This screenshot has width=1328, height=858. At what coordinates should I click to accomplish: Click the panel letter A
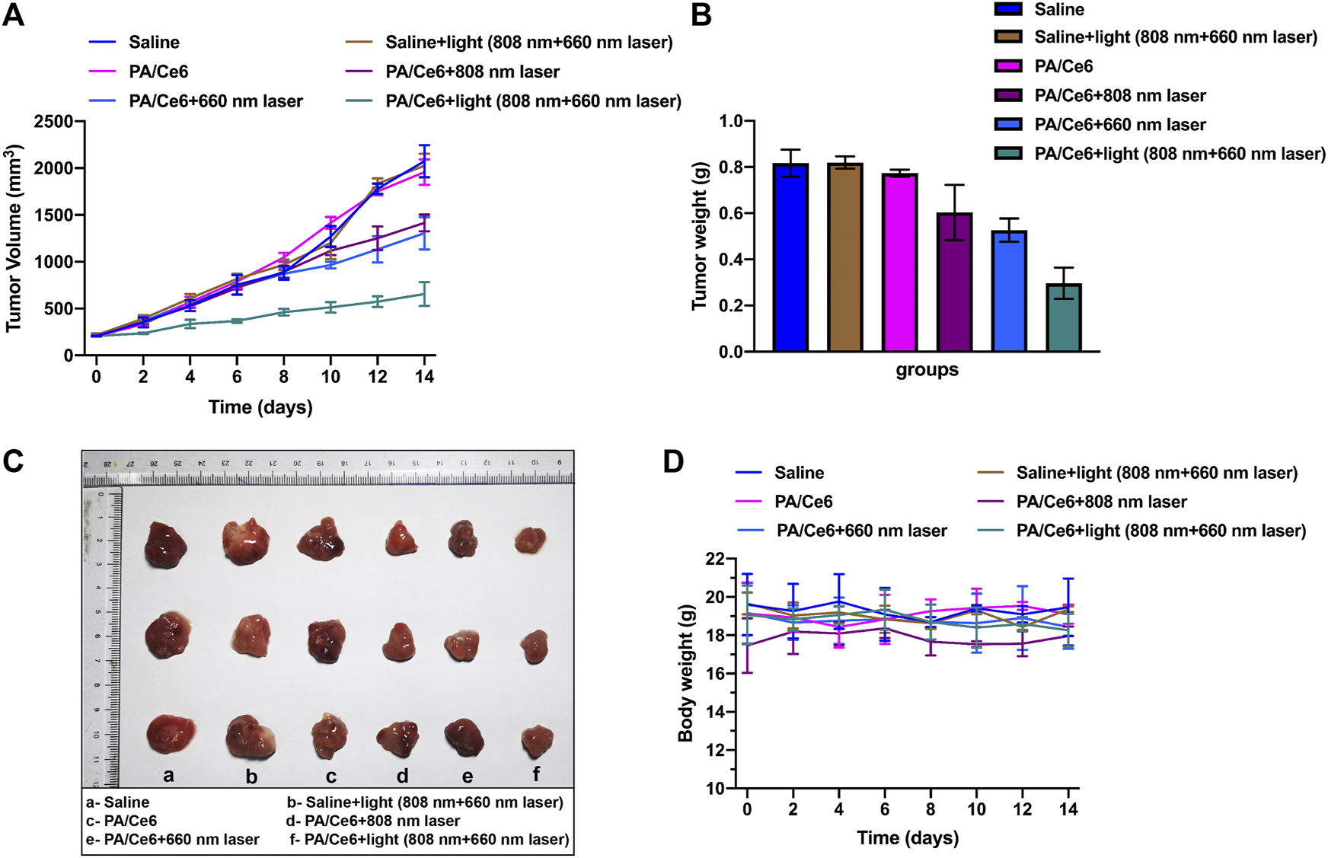[x=14, y=15]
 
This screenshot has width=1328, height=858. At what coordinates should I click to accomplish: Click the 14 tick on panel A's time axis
[x=424, y=377]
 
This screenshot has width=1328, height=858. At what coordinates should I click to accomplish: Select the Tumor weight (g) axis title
[x=700, y=236]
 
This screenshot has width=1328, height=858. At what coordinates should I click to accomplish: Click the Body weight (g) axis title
[x=685, y=673]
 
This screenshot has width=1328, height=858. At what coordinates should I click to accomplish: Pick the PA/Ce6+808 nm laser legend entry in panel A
[x=472, y=72]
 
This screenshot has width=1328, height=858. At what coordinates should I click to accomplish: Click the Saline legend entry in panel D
[x=799, y=473]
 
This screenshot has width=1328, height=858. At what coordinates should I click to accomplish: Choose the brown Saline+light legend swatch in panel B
[x=1008, y=37]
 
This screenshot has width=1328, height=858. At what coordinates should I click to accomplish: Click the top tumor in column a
[x=166, y=544]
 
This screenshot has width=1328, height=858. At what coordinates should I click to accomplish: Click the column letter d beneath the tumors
[x=402, y=775]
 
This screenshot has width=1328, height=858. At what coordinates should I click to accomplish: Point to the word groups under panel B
[x=927, y=370]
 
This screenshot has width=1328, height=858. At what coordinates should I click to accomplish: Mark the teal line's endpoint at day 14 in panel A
[x=424, y=294]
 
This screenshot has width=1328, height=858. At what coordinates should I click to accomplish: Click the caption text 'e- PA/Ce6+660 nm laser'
[x=173, y=839]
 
